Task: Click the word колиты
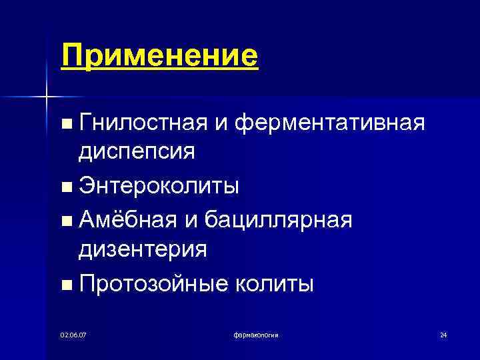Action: pos(274,283)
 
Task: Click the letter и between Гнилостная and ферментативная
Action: pos(222,123)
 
